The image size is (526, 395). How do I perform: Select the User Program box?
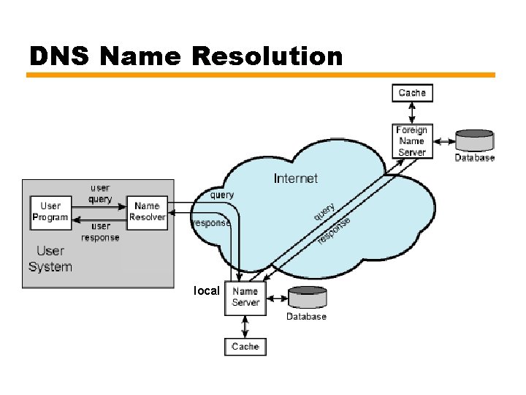click(x=50, y=211)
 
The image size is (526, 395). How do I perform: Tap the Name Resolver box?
click(x=147, y=211)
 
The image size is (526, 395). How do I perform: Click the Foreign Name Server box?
click(x=412, y=141)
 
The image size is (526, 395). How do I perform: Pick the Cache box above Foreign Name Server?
click(x=412, y=93)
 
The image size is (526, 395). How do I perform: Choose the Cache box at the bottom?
click(x=245, y=346)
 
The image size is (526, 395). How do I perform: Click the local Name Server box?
click(x=245, y=297)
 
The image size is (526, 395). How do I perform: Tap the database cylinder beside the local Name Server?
click(x=307, y=298)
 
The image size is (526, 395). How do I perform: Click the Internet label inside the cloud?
click(x=296, y=178)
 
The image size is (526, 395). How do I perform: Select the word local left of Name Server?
click(x=206, y=291)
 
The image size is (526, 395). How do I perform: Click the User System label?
click(x=50, y=259)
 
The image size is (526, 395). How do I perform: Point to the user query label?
click(x=101, y=193)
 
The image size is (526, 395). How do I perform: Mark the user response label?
click(x=101, y=232)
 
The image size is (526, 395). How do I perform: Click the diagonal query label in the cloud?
click(x=324, y=212)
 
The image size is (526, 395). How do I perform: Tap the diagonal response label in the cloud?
click(x=335, y=230)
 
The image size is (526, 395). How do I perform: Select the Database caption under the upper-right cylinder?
click(x=474, y=158)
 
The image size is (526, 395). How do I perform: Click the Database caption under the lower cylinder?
click(x=306, y=317)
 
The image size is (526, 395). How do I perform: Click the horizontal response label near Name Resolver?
click(x=211, y=223)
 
